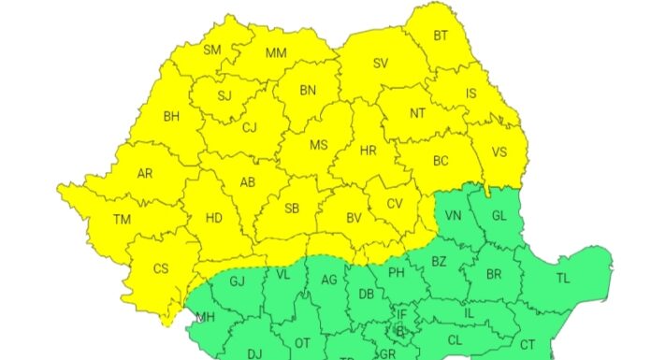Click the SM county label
212,50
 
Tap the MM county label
276,53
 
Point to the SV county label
381,64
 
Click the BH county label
171,117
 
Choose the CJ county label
250,128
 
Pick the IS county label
471,94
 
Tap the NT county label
418,112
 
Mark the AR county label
145,174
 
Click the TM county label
123,220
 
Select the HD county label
213,218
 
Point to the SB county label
292,209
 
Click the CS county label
161,269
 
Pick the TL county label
563,278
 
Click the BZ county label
439,263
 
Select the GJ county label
237,281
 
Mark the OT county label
302,343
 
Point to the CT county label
528,344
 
